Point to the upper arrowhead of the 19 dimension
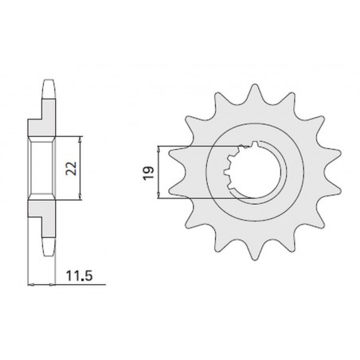point(161,149)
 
